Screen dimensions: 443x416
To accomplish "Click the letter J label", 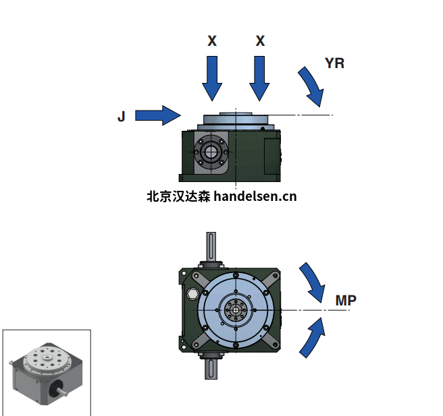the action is point(121,116).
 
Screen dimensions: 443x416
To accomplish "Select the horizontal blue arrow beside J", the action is point(158,115).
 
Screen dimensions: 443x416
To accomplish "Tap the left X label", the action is point(212,41).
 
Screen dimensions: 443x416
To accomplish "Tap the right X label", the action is point(260,41).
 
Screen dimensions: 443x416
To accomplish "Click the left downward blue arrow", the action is point(212,78).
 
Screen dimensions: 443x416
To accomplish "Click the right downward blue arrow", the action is point(259,78).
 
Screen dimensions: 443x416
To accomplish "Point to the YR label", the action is point(335,63).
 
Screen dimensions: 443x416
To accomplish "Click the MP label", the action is point(346,300).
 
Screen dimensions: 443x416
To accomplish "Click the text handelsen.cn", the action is point(255,196).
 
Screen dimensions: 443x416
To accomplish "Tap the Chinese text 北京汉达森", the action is point(178,196).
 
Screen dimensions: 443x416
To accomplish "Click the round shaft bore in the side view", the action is point(210,152).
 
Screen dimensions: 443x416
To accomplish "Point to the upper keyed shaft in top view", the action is point(211,247).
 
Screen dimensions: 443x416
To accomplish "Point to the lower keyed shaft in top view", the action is point(211,369).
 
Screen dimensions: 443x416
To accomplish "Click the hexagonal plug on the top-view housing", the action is point(192,293).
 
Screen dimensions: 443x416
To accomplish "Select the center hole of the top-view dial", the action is point(236,310).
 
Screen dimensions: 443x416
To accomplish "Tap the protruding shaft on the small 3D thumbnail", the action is point(63,392).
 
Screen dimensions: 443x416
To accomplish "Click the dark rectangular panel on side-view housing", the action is point(271,156).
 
